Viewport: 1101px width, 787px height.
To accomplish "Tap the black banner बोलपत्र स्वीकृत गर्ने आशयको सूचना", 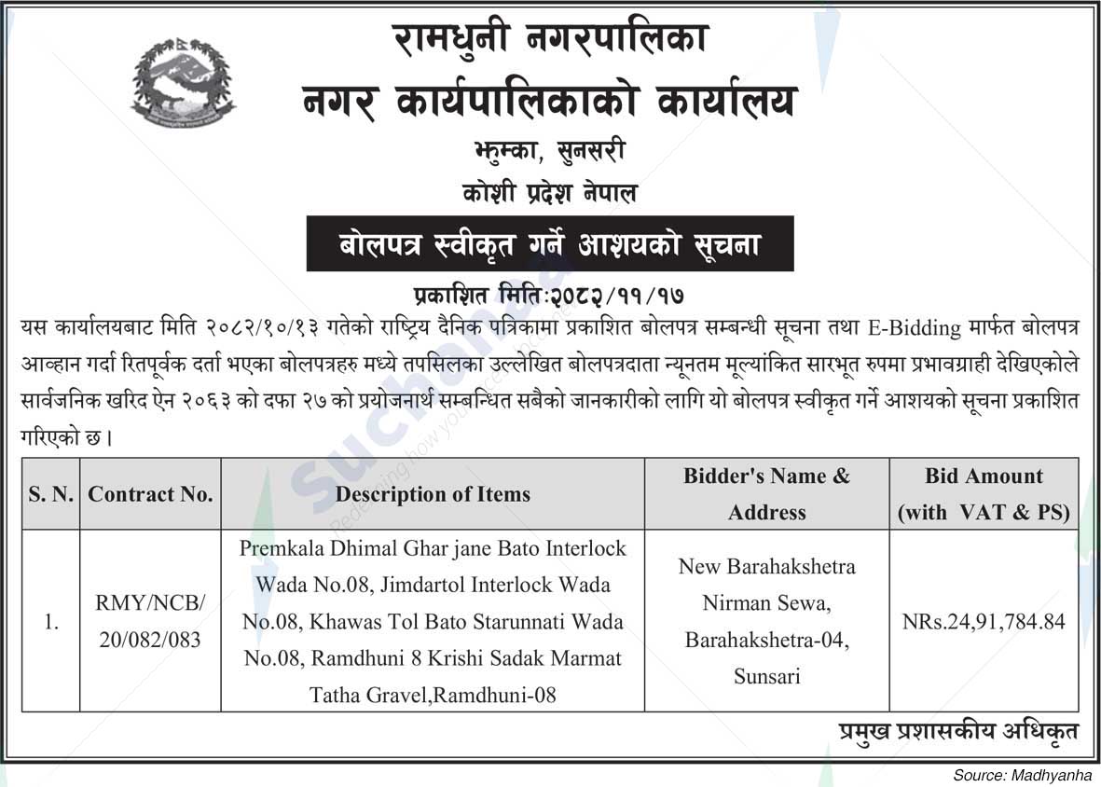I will pos(550,244).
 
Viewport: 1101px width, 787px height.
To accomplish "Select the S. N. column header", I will pos(51,494).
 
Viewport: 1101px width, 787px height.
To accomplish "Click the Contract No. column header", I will pos(151,494).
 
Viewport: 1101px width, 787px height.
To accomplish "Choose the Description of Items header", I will pos(434,494).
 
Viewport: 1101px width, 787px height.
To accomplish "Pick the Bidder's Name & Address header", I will pos(767,494).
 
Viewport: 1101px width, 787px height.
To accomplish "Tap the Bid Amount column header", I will pos(984,494).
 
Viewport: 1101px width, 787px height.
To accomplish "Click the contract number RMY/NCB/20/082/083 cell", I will pos(151,620).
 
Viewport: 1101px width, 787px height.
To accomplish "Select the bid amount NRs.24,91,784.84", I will pos(984,621).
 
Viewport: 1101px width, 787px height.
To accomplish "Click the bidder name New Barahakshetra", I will pos(767,567).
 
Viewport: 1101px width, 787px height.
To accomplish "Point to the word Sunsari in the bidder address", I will pos(767,677).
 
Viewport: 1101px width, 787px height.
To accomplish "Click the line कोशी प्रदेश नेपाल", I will pos(550,195).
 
